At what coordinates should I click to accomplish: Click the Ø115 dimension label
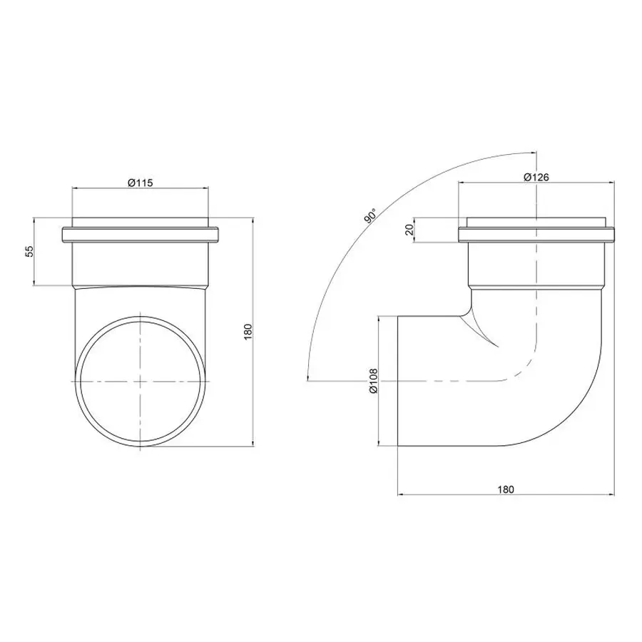140,183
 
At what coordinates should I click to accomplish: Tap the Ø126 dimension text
536,177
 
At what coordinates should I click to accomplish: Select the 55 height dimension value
29,251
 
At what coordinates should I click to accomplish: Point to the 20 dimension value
409,229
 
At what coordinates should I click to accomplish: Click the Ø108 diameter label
373,381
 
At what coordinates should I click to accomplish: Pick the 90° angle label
370,215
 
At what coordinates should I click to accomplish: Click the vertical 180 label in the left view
248,332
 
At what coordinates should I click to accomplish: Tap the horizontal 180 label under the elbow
506,489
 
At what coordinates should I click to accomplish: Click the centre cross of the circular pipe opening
141,381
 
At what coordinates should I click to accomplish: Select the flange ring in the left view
140,235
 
